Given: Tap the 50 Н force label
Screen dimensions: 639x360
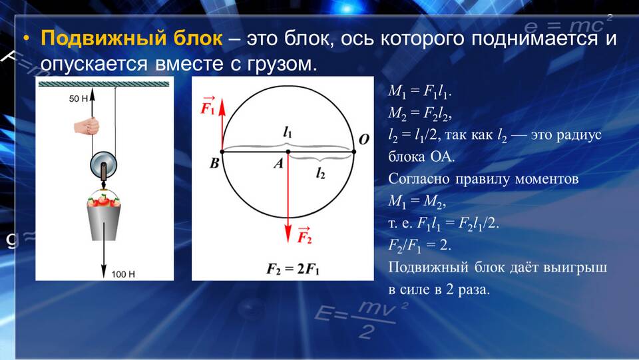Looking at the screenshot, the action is pyautogui.click(x=79, y=98).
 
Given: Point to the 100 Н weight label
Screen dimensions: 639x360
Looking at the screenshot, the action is pyautogui.click(x=123, y=274).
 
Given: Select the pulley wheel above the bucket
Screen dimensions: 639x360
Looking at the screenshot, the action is pyautogui.click(x=104, y=166).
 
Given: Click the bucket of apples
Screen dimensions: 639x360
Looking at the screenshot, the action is pyautogui.click(x=104, y=218).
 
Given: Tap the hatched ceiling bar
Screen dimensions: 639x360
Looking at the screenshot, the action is pyautogui.click(x=104, y=84).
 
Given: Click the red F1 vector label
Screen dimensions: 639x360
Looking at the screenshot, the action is pyautogui.click(x=208, y=106).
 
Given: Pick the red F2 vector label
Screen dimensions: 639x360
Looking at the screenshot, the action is pyautogui.click(x=304, y=235).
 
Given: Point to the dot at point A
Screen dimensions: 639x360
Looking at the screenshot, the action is pyautogui.click(x=288, y=152).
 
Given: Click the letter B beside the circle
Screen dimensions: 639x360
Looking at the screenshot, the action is pyautogui.click(x=214, y=163).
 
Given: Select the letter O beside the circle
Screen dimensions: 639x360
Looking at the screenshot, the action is pyautogui.click(x=363, y=140).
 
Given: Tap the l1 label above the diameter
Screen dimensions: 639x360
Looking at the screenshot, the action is pyautogui.click(x=288, y=132).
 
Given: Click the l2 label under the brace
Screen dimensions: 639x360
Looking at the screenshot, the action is pyautogui.click(x=321, y=174).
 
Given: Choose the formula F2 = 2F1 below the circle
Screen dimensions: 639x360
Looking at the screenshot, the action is pyautogui.click(x=293, y=270).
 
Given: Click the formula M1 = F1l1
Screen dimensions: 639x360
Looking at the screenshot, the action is pyautogui.click(x=419, y=91).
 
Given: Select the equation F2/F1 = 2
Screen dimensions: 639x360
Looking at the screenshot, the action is pyautogui.click(x=419, y=245).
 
